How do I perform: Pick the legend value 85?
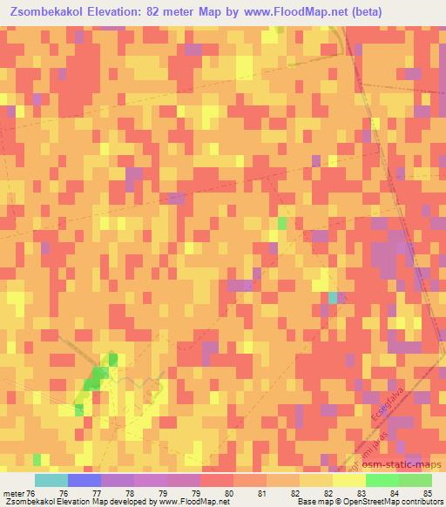coord(427,492)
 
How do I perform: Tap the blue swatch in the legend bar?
coord(84,480)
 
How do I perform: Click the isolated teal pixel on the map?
coord(333,298)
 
